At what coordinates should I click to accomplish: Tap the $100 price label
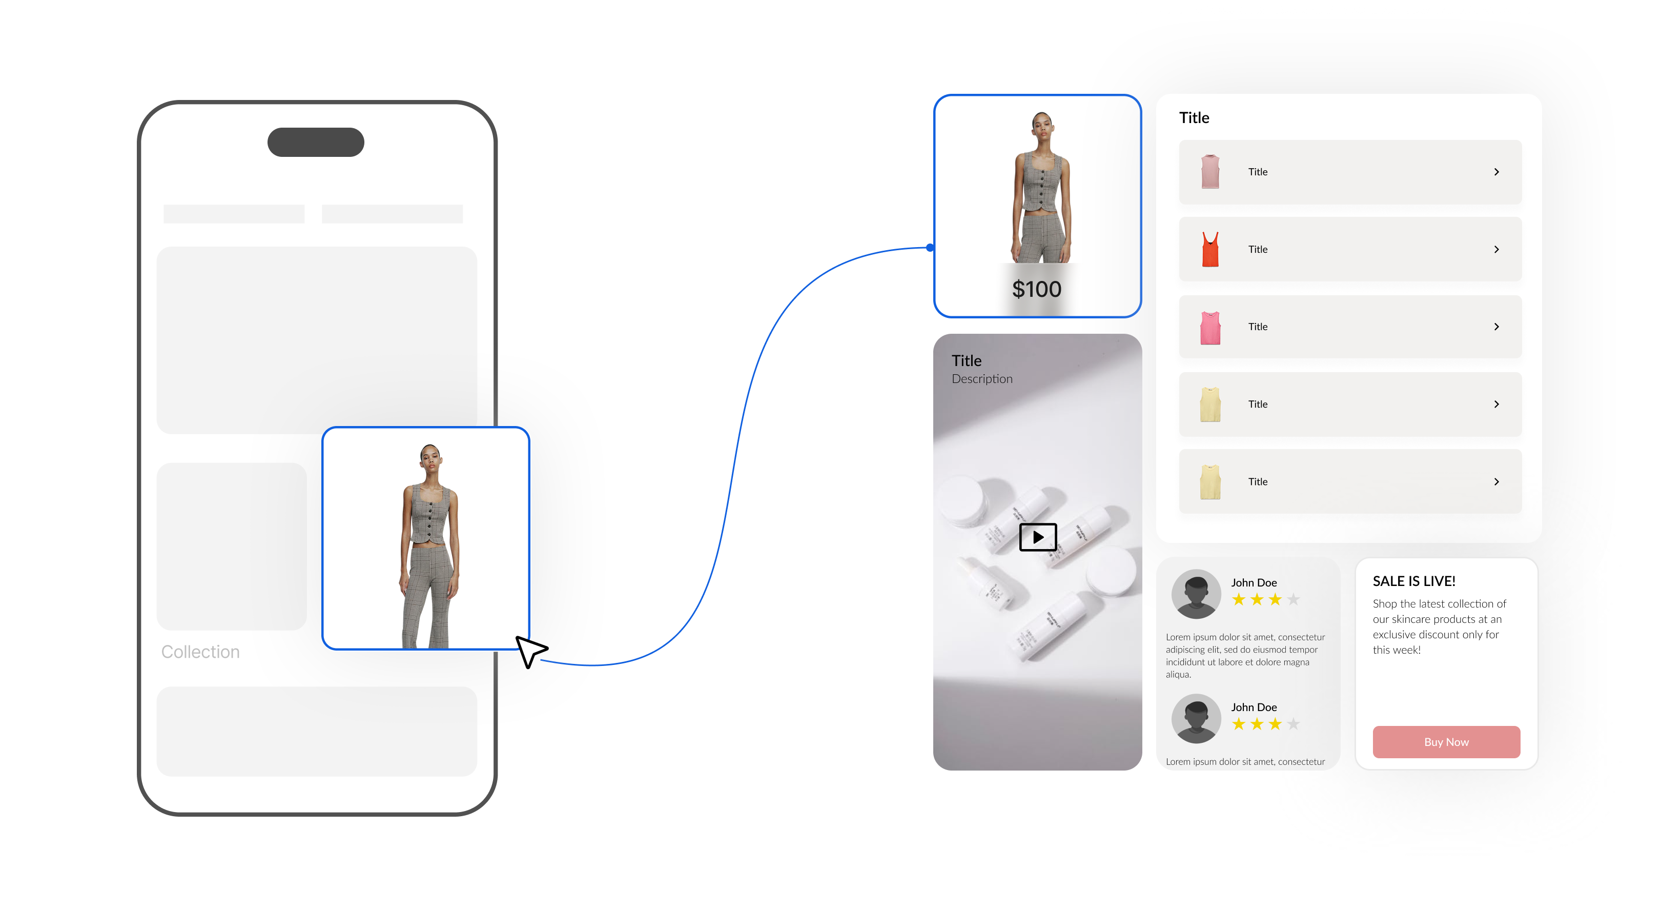point(1036,289)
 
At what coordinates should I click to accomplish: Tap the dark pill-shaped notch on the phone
point(316,142)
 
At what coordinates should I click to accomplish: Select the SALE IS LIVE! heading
point(1413,581)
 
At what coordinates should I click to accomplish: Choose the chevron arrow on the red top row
point(1496,249)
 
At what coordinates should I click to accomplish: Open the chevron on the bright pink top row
point(1496,327)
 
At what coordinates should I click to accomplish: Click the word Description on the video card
point(982,379)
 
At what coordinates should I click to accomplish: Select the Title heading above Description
point(967,361)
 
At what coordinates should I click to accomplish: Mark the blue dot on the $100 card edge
point(930,248)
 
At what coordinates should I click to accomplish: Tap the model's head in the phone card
point(429,454)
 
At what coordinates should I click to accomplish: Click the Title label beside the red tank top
point(1258,249)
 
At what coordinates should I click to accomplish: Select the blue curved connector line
point(735,452)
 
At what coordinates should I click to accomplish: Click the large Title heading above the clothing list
point(1194,117)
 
